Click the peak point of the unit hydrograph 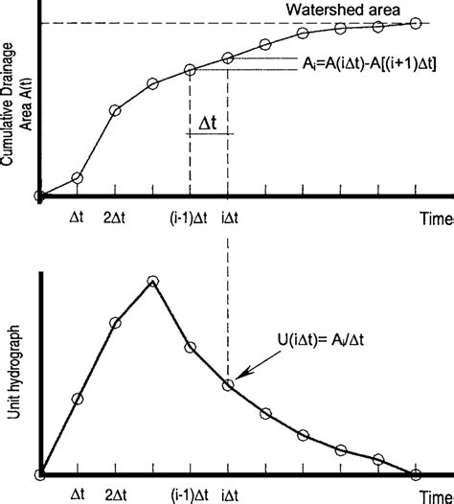[152, 281]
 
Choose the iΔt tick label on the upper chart [230, 218]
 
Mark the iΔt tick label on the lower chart [230, 494]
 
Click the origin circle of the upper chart [39, 196]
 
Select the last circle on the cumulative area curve [417, 21]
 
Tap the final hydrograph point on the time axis [417, 473]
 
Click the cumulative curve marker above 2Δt [115, 111]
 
